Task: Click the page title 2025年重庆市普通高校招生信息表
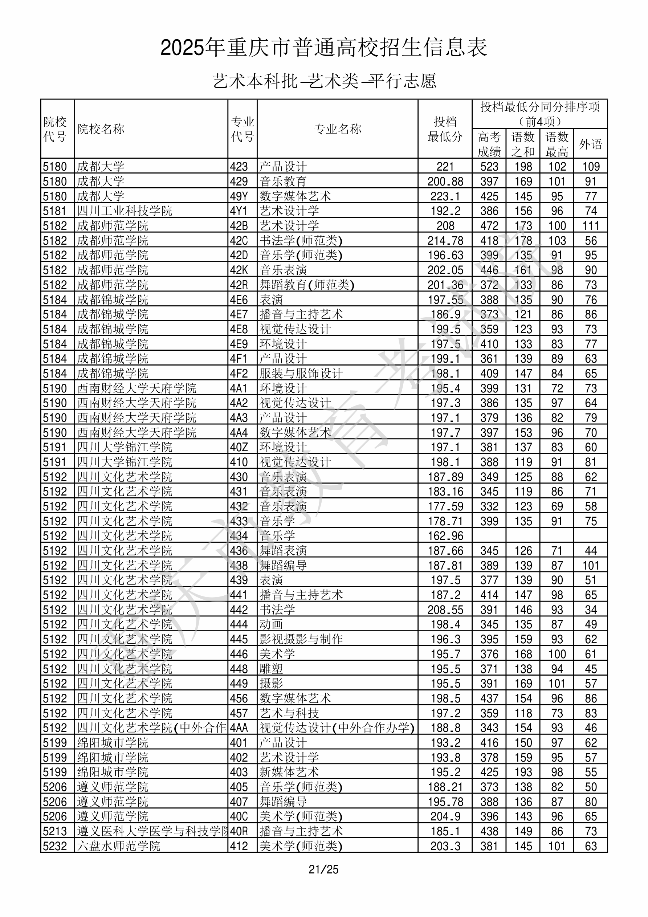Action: [x=323, y=48]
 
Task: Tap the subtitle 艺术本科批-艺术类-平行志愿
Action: [x=324, y=81]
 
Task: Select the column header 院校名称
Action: [x=101, y=129]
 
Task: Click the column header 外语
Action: [x=591, y=144]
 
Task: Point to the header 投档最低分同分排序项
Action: [x=540, y=107]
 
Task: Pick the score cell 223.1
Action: [x=445, y=196]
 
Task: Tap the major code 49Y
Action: [x=239, y=196]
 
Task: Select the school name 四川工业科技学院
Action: [x=125, y=211]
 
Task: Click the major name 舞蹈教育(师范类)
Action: [x=307, y=285]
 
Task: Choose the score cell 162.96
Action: [x=445, y=535]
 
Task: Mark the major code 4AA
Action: [x=239, y=728]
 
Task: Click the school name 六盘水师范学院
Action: [x=119, y=846]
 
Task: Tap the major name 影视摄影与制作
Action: [x=301, y=639]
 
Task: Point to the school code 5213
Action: [x=55, y=831]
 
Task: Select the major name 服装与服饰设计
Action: [x=301, y=374]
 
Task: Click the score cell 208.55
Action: [x=445, y=610]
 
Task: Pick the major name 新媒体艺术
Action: [x=289, y=772]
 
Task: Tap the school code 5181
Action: [x=55, y=211]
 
